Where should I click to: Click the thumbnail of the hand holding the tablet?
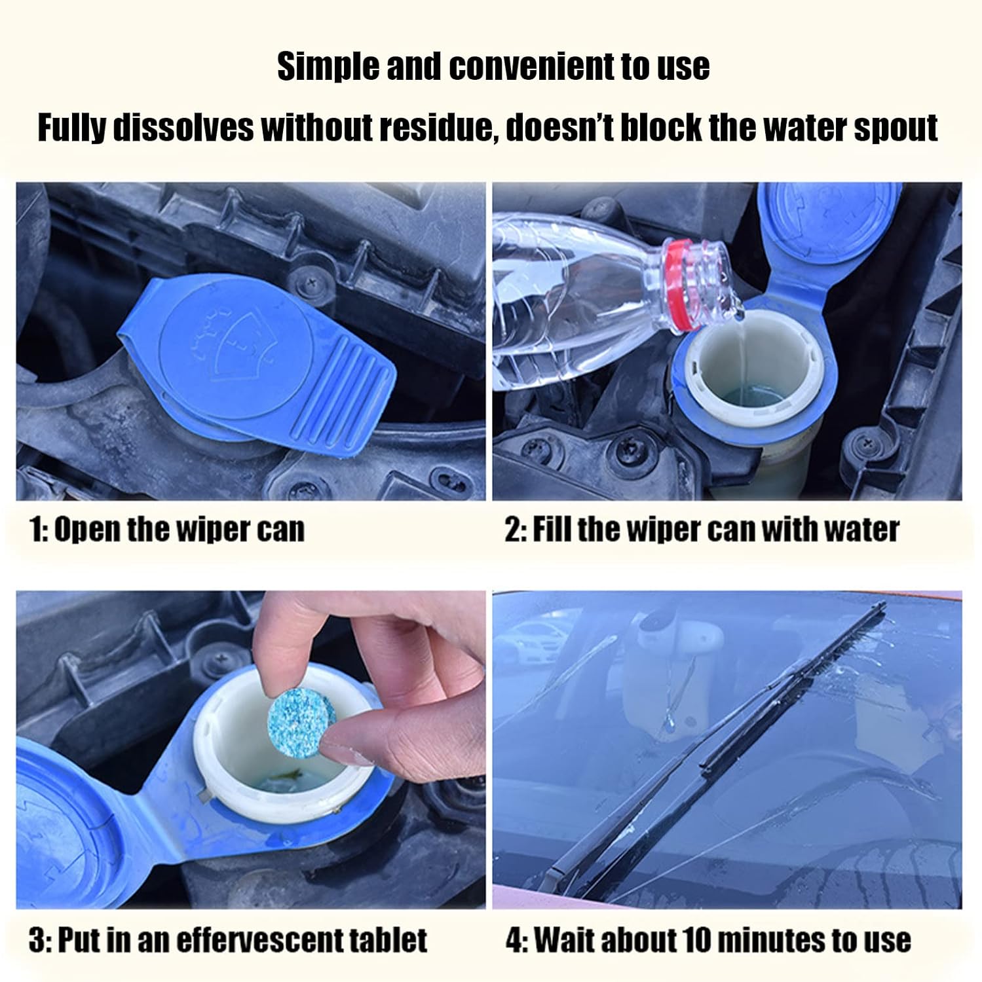tap(251, 750)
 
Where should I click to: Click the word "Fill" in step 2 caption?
tap(552, 529)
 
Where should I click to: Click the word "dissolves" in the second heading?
tap(183, 127)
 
